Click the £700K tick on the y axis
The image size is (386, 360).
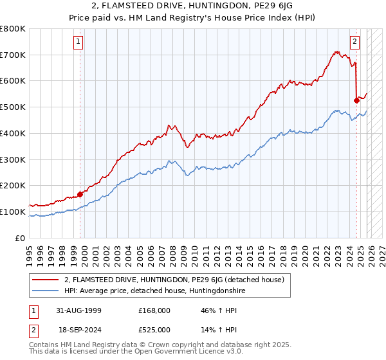[x=13, y=55]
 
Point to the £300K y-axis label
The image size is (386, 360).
[x=13, y=159]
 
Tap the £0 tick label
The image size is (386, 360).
[x=21, y=238]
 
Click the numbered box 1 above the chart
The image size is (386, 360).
[x=78, y=42]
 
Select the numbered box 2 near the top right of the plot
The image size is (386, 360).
[x=354, y=42]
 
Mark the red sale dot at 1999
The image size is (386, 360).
[x=80, y=194]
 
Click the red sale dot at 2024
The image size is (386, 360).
[x=356, y=100]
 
